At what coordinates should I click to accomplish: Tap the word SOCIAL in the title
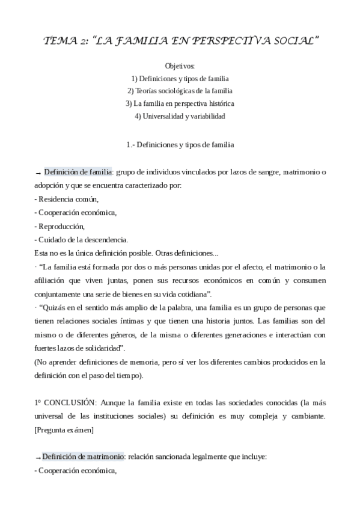pyautogui.click(x=294, y=41)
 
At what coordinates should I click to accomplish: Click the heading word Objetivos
pyautogui.click(x=180, y=66)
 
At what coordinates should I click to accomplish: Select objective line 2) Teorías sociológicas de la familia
pyautogui.click(x=180, y=91)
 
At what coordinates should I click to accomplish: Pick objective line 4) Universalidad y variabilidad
pyautogui.click(x=180, y=116)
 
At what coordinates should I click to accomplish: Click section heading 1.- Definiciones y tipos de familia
pyautogui.click(x=180, y=144)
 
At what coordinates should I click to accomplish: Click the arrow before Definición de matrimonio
pyautogui.click(x=38, y=458)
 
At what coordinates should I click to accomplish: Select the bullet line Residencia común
pyautogui.click(x=66, y=199)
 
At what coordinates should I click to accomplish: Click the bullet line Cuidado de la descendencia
pyautogui.click(x=81, y=239)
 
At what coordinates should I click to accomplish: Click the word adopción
pyautogui.click(x=50, y=186)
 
